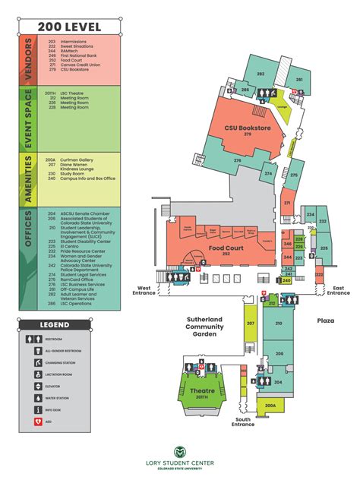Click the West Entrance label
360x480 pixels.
pyautogui.click(x=144, y=291)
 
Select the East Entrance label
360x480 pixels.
pyautogui.click(x=339, y=291)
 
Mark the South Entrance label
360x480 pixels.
pyautogui.click(x=243, y=422)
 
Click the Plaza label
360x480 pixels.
pyautogui.click(x=327, y=321)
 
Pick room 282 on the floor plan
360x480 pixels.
pyautogui.click(x=261, y=74)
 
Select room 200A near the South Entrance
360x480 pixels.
pyautogui.click(x=270, y=406)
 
